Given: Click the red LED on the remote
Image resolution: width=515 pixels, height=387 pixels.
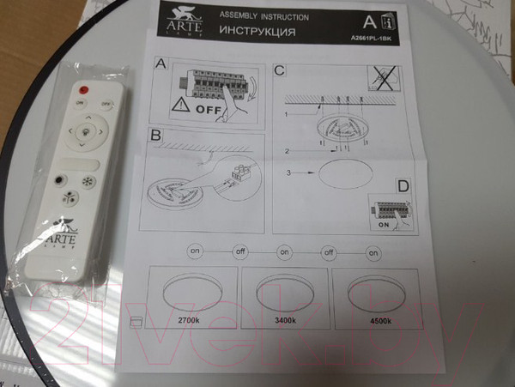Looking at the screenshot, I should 84,89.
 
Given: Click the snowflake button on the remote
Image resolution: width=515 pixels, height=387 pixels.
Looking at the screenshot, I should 88,184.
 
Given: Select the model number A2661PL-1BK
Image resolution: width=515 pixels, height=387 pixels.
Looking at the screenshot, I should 371,39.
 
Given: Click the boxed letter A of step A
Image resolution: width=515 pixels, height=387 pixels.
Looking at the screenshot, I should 160,65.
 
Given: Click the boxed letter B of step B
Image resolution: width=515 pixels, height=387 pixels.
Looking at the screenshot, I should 155,136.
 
